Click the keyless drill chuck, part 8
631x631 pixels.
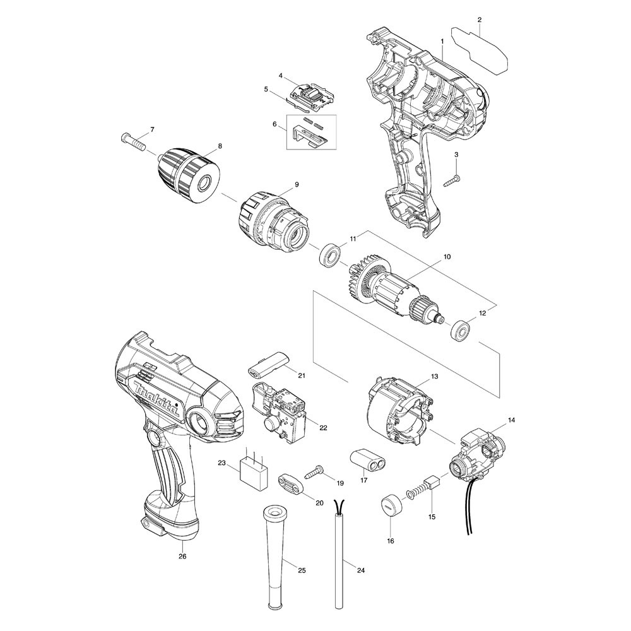click(x=191, y=176)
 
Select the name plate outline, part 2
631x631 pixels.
click(x=480, y=50)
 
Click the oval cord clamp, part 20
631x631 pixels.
click(x=290, y=483)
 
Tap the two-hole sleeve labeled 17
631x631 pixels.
click(x=367, y=458)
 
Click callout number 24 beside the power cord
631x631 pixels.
click(x=360, y=570)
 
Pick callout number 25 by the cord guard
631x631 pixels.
click(x=302, y=570)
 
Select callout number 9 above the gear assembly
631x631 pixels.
click(x=297, y=184)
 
